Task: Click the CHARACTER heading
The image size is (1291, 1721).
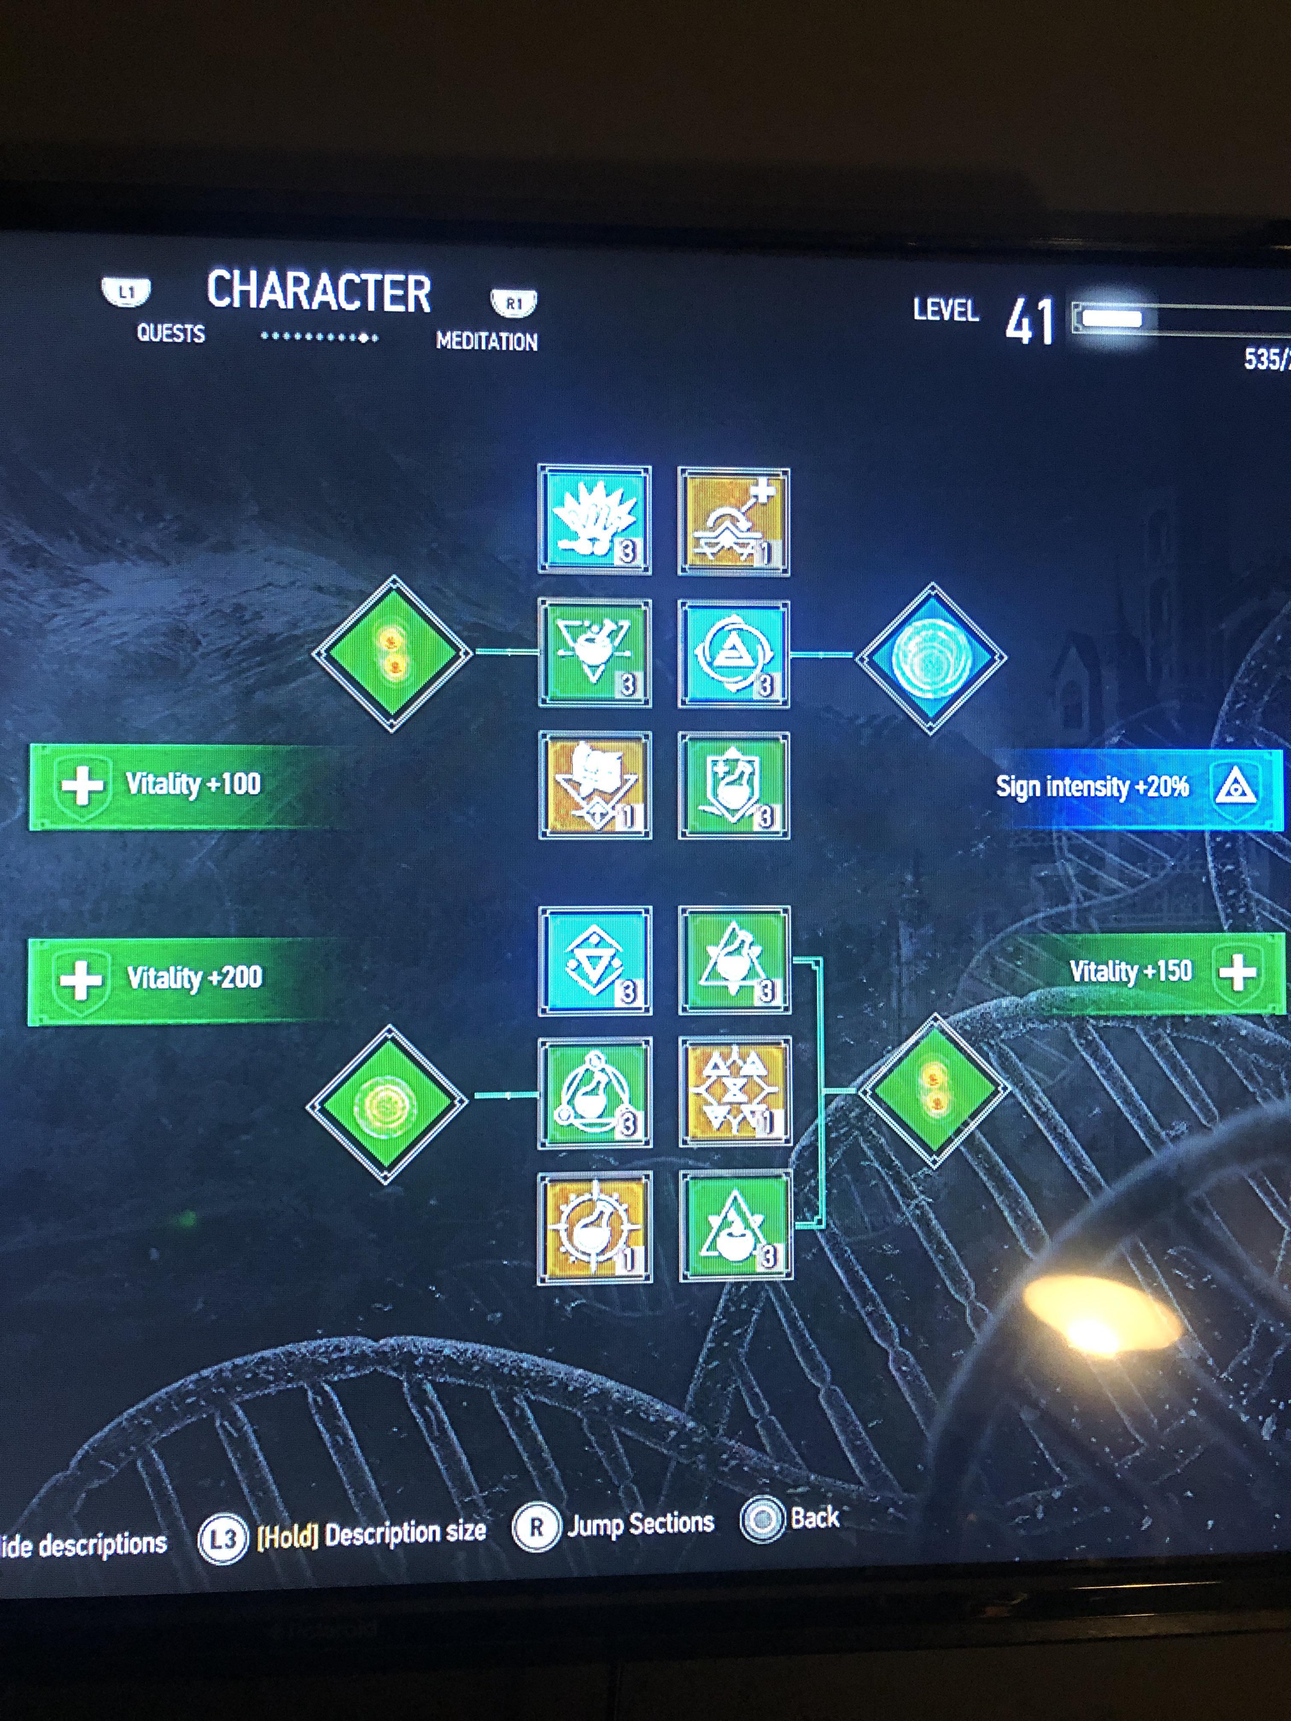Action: tap(318, 292)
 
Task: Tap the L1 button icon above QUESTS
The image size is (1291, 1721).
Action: tap(126, 292)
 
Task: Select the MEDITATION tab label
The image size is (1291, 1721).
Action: tap(486, 341)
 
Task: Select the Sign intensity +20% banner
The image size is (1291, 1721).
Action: tap(1128, 788)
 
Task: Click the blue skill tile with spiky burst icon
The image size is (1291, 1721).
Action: tap(595, 520)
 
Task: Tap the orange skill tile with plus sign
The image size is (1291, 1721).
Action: tap(734, 521)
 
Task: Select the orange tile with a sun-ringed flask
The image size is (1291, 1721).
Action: tap(595, 1227)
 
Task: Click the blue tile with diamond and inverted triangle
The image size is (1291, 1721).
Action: tap(595, 961)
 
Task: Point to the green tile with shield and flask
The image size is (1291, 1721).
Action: tap(734, 784)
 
